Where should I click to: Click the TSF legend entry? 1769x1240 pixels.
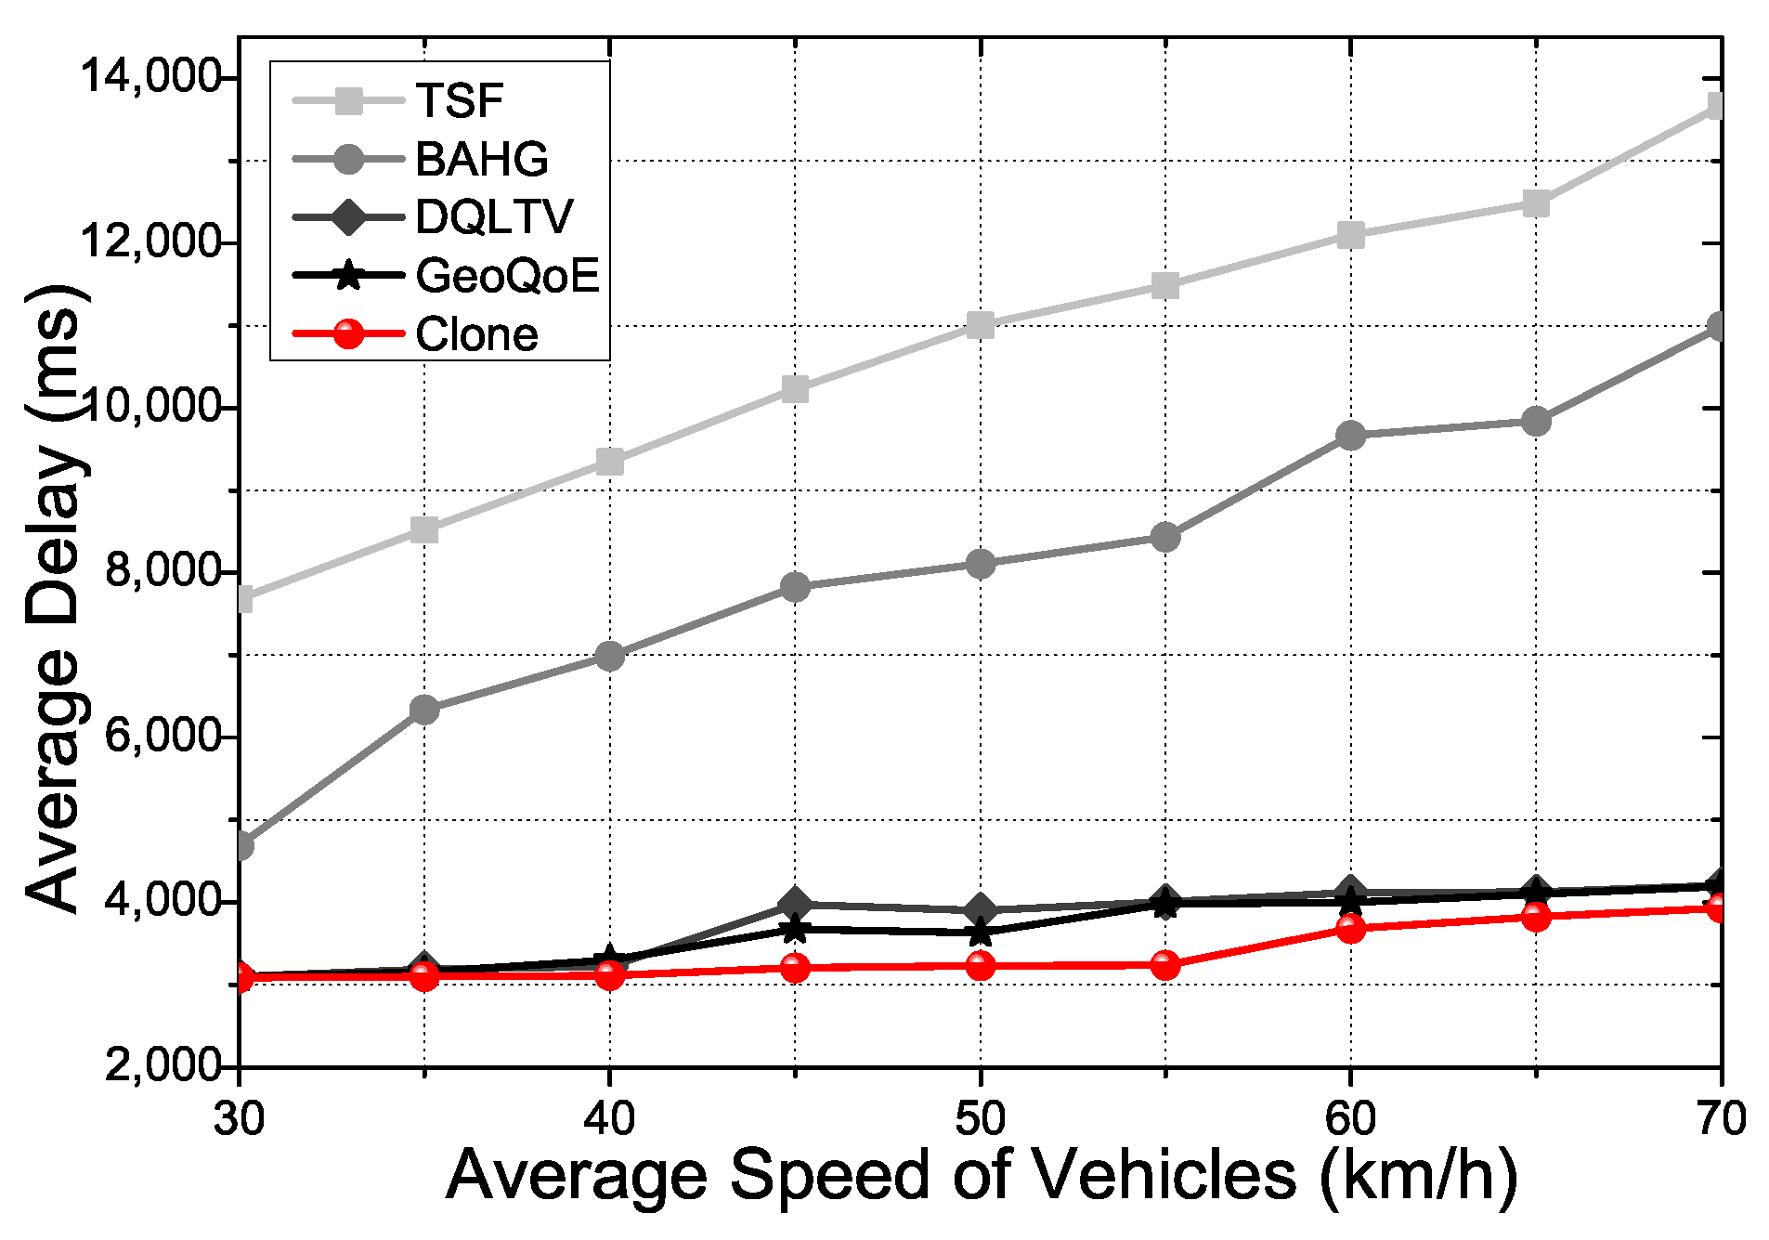(x=398, y=99)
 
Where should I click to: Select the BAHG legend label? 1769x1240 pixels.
(x=421, y=159)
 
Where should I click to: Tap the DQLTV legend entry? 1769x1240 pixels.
(x=434, y=217)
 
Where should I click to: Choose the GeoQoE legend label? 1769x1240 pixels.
(x=447, y=276)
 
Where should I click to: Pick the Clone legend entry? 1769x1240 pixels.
(x=415, y=334)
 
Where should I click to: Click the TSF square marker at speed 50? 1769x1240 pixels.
(x=980, y=325)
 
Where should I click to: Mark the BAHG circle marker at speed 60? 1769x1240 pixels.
(x=1350, y=435)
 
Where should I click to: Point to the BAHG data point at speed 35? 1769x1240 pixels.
(x=424, y=711)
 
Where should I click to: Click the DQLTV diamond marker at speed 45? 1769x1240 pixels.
(x=795, y=904)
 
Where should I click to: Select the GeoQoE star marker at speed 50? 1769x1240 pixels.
(x=980, y=932)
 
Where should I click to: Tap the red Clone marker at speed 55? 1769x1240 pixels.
(x=1164, y=965)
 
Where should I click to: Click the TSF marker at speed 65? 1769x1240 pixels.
(x=1536, y=203)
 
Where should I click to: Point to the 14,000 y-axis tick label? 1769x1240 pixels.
(x=150, y=76)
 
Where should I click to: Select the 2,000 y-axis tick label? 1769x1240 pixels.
(x=163, y=1065)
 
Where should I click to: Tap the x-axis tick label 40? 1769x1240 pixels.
(x=609, y=1118)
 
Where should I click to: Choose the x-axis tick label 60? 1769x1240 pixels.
(x=1350, y=1118)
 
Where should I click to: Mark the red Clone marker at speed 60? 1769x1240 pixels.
(x=1350, y=928)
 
